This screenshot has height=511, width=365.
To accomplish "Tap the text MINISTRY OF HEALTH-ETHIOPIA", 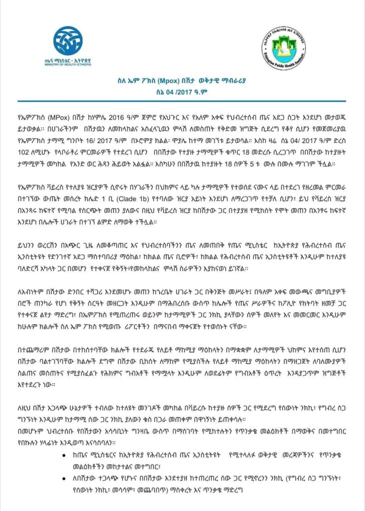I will pyautogui.click(x=67, y=65).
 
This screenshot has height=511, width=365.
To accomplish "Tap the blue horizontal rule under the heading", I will pyautogui.click(x=182, y=101).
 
